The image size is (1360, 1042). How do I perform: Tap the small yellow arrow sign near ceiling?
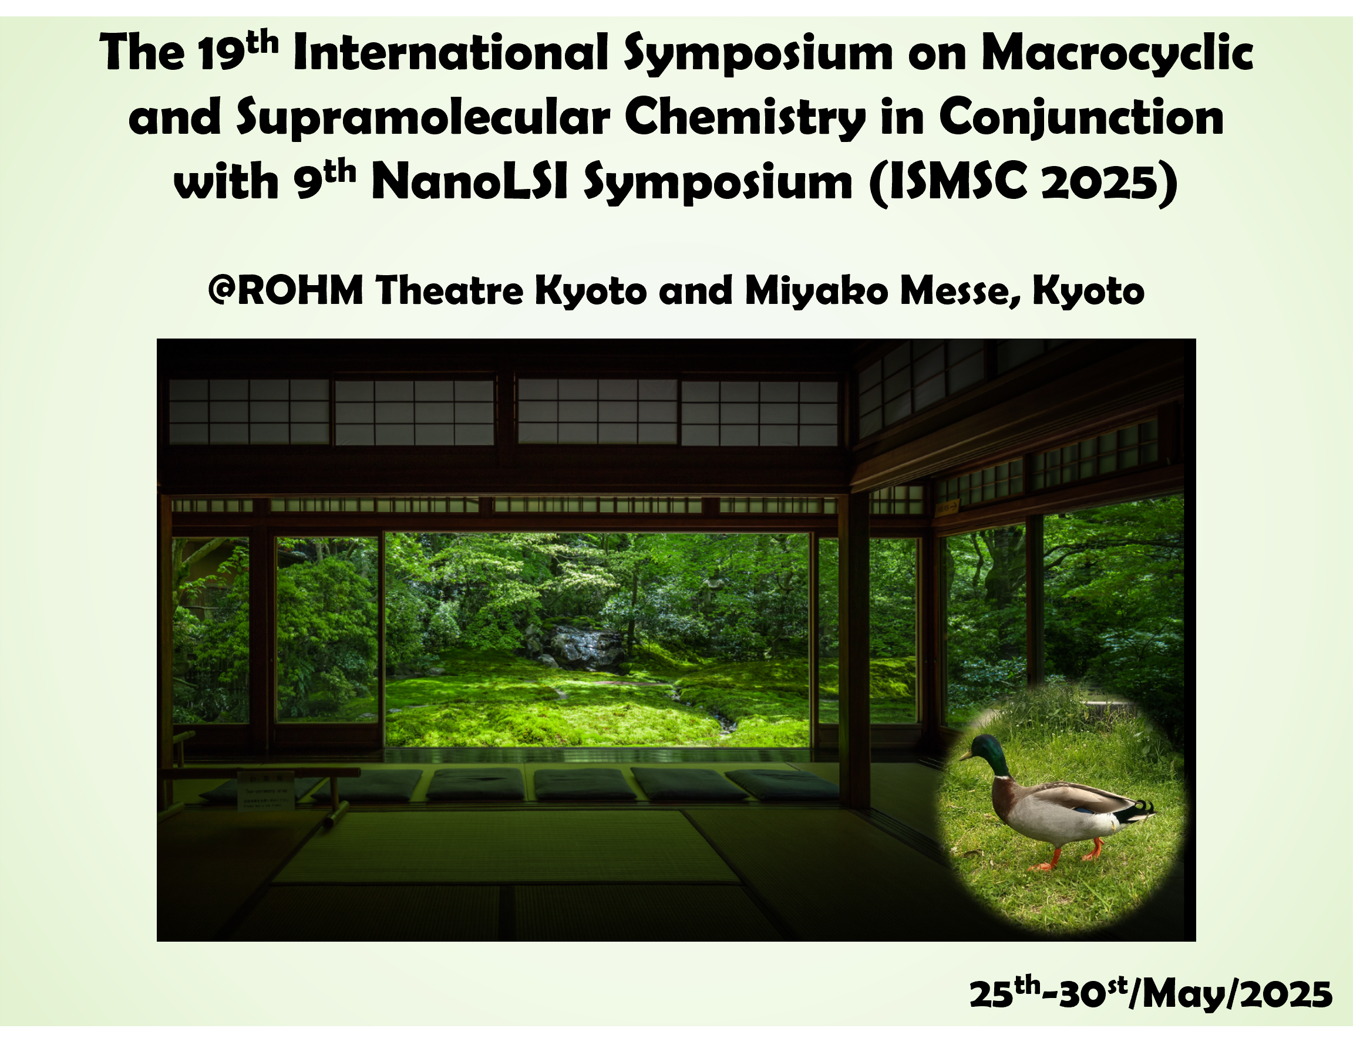click(948, 507)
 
